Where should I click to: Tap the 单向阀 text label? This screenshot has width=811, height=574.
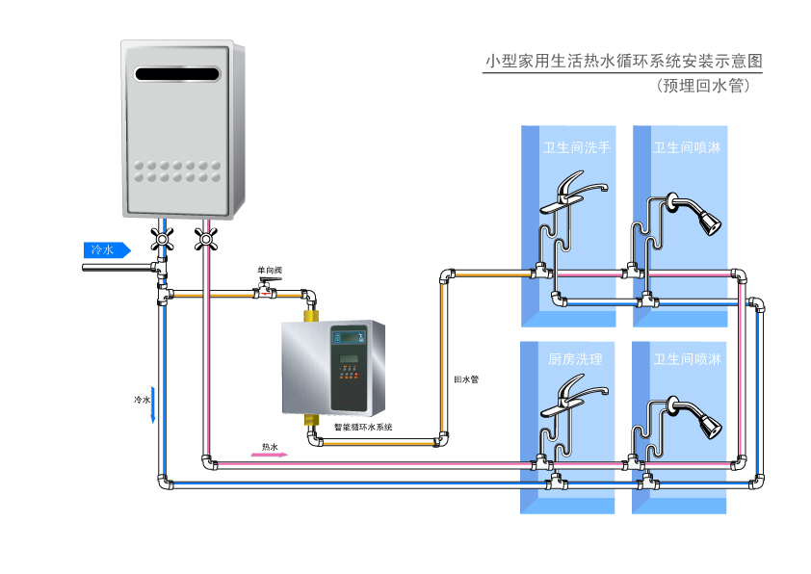coord(270,271)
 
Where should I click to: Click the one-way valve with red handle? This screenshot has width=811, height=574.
coord(262,287)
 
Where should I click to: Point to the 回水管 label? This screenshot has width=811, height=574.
coord(466,378)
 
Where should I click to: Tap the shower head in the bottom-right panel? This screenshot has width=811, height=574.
coord(707,426)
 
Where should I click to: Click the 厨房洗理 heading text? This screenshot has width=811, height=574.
coord(575,359)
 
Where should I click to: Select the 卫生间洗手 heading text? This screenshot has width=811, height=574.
coord(576,148)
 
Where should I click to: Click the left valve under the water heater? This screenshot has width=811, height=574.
coord(163,238)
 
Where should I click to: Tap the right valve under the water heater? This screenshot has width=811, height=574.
coord(204,238)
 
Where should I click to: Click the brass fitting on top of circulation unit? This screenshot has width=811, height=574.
coord(311,314)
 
